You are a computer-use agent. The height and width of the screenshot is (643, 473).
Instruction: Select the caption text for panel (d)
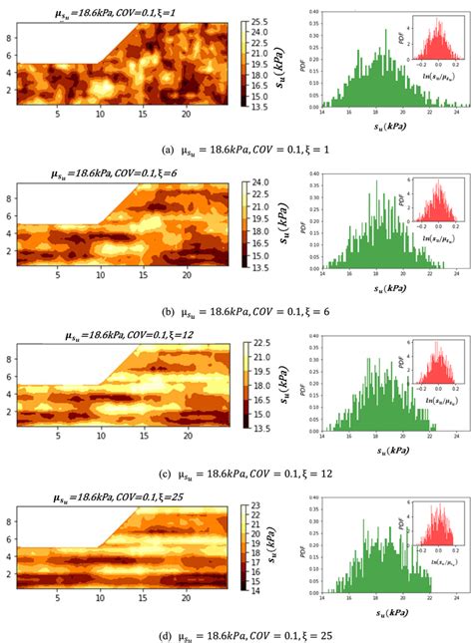click(x=236, y=633)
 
